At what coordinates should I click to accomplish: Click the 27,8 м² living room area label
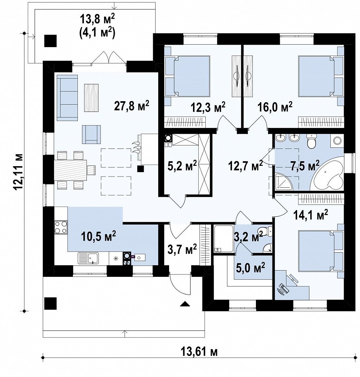point(131,106)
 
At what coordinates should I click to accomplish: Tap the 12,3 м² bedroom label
point(208,107)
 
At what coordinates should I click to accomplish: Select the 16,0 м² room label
point(275,107)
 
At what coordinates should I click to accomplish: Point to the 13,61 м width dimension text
point(199,352)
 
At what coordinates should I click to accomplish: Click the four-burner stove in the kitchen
point(60,227)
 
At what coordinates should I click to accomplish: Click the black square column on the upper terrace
point(50,41)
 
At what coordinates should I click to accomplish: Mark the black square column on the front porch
point(50,304)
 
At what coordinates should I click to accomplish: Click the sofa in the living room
point(67,98)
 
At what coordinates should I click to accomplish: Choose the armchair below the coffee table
point(91,135)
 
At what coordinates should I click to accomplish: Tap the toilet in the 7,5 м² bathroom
point(311,141)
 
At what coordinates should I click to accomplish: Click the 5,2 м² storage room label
point(182,165)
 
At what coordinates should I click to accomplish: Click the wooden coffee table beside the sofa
point(91,98)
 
